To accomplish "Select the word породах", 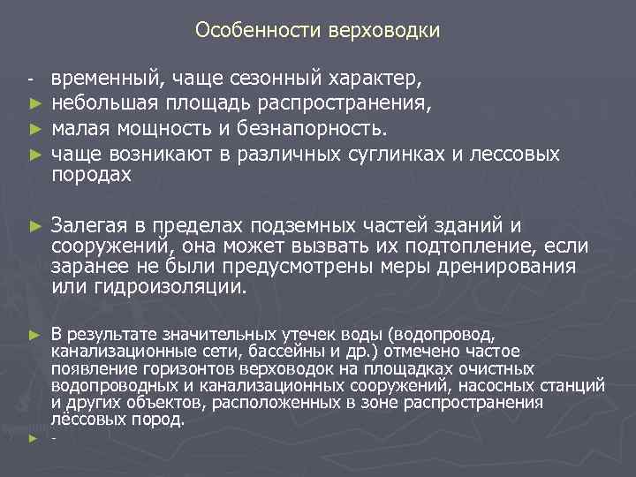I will coord(91,175).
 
